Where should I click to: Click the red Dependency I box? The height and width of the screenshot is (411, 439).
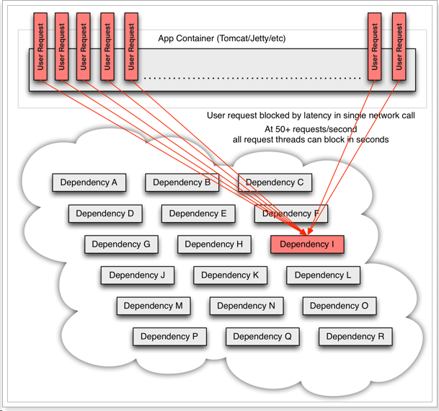(x=307, y=244)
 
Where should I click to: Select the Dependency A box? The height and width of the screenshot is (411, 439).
(x=89, y=182)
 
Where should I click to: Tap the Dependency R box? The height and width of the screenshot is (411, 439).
(x=355, y=336)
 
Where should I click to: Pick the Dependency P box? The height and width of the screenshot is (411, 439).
(x=169, y=336)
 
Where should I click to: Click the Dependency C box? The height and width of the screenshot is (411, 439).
(x=275, y=182)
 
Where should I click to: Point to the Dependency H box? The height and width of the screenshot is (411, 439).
(x=214, y=244)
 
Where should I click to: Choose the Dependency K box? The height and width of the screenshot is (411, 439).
(x=230, y=275)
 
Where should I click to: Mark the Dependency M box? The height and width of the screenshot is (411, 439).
(x=153, y=306)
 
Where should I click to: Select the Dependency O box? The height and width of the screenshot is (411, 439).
(x=339, y=306)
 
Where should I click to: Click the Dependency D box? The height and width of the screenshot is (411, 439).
(x=105, y=213)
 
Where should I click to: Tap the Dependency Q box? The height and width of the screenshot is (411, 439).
(x=262, y=336)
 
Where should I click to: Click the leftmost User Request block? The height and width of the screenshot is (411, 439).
(x=40, y=45)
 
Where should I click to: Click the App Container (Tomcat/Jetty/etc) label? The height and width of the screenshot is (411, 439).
(x=222, y=37)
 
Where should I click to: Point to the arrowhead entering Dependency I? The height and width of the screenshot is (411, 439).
(x=309, y=232)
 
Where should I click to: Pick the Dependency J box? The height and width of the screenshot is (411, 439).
(x=137, y=275)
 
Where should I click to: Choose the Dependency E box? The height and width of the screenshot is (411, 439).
(x=198, y=213)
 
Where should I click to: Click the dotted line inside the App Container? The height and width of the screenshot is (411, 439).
(x=252, y=77)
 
